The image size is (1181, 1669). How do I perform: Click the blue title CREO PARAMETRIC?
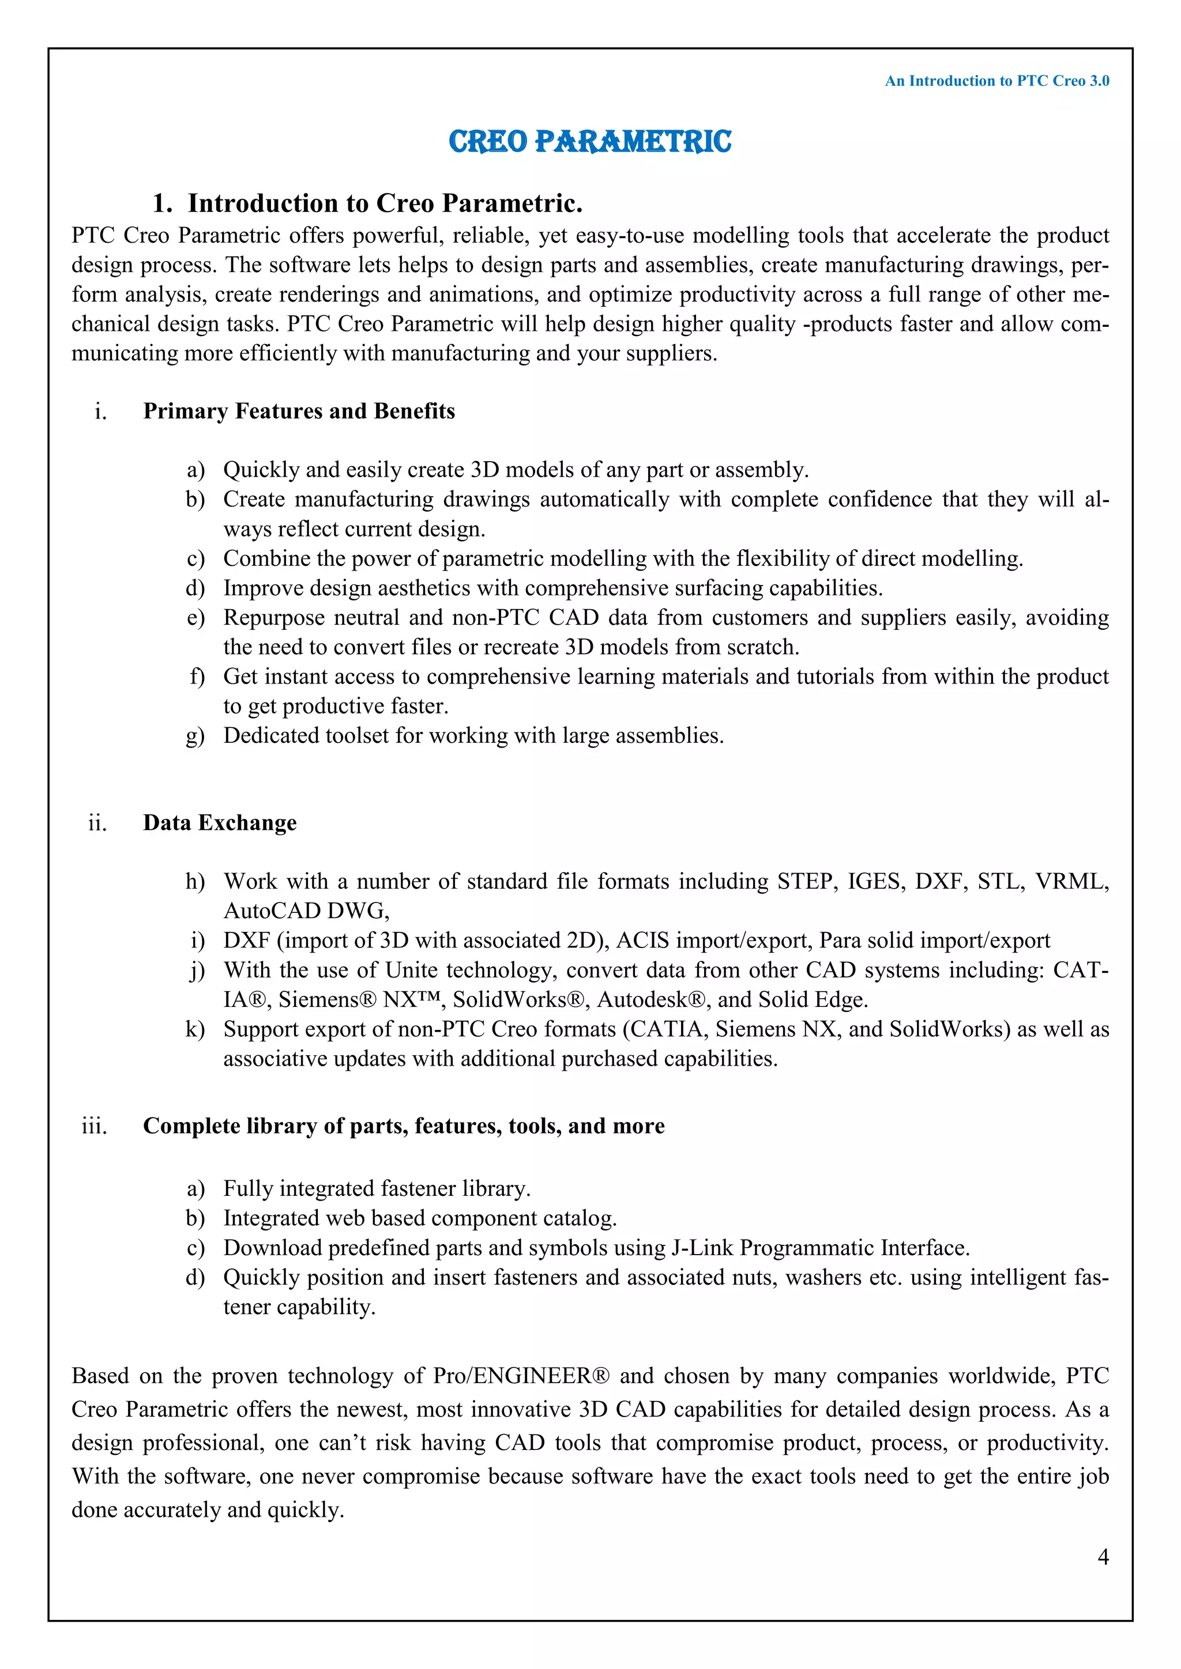590,141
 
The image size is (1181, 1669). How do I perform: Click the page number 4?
1103,1556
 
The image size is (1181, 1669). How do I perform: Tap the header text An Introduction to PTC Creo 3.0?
996,81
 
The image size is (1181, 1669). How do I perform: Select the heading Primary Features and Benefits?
299,411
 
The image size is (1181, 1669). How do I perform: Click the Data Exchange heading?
220,822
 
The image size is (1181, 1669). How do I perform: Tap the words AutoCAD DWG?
306,911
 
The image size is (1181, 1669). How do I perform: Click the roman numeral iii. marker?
95,1126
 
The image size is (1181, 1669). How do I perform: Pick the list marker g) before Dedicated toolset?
195,735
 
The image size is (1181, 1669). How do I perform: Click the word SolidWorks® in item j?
521,999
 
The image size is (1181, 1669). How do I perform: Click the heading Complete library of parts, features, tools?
404,1126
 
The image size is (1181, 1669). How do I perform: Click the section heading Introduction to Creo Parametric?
385,203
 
